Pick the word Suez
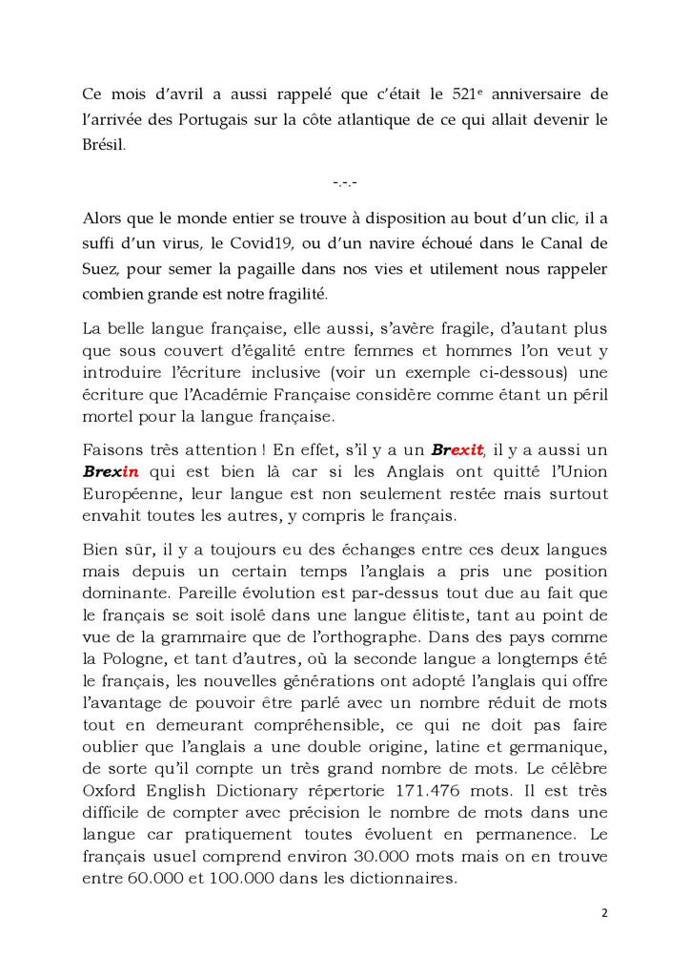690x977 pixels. pyautogui.click(x=101, y=268)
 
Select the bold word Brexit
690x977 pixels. pyautogui.click(x=458, y=448)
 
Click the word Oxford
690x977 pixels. pyautogui.click(x=110, y=791)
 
